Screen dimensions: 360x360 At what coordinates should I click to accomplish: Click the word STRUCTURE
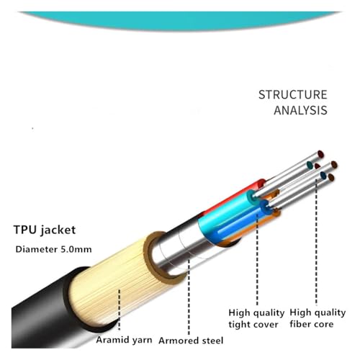pyautogui.click(x=293, y=95)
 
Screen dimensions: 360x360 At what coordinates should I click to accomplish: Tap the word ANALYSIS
pyautogui.click(x=300, y=110)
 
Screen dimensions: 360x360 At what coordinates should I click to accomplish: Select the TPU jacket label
pyautogui.click(x=45, y=230)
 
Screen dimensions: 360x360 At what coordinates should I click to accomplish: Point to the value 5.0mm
pyautogui.click(x=76, y=249)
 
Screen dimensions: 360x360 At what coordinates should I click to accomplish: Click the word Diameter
pyautogui.click(x=37, y=249)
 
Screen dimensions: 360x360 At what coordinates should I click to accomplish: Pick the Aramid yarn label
pyautogui.click(x=124, y=341)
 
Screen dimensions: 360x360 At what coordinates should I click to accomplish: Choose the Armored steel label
pyautogui.click(x=191, y=341)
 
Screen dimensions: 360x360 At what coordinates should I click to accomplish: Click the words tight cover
pyautogui.click(x=253, y=325)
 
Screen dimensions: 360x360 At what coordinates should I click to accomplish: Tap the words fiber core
pyautogui.click(x=312, y=324)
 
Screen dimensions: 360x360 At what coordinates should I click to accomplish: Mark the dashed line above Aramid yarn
pyautogui.click(x=120, y=310)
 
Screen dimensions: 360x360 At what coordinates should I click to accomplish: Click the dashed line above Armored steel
pyautogui.click(x=189, y=297)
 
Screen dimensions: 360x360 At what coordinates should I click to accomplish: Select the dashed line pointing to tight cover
pyautogui.click(x=257, y=260)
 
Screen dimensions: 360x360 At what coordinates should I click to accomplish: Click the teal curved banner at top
pyautogui.click(x=180, y=19)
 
